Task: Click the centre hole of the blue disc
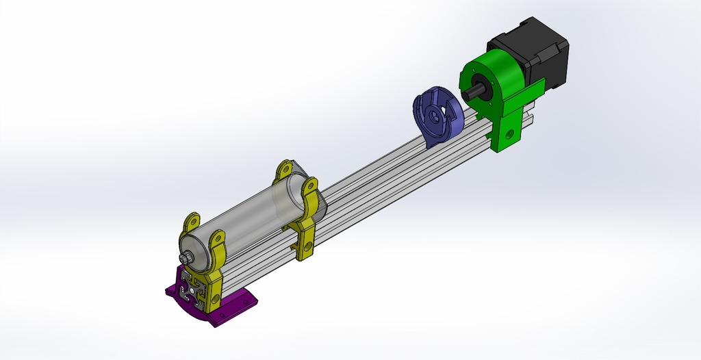(433, 116)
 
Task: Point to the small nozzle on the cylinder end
(184, 257)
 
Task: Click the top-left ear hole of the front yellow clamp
(192, 220)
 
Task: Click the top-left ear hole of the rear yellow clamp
(284, 167)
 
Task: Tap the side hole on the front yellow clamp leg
(216, 299)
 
